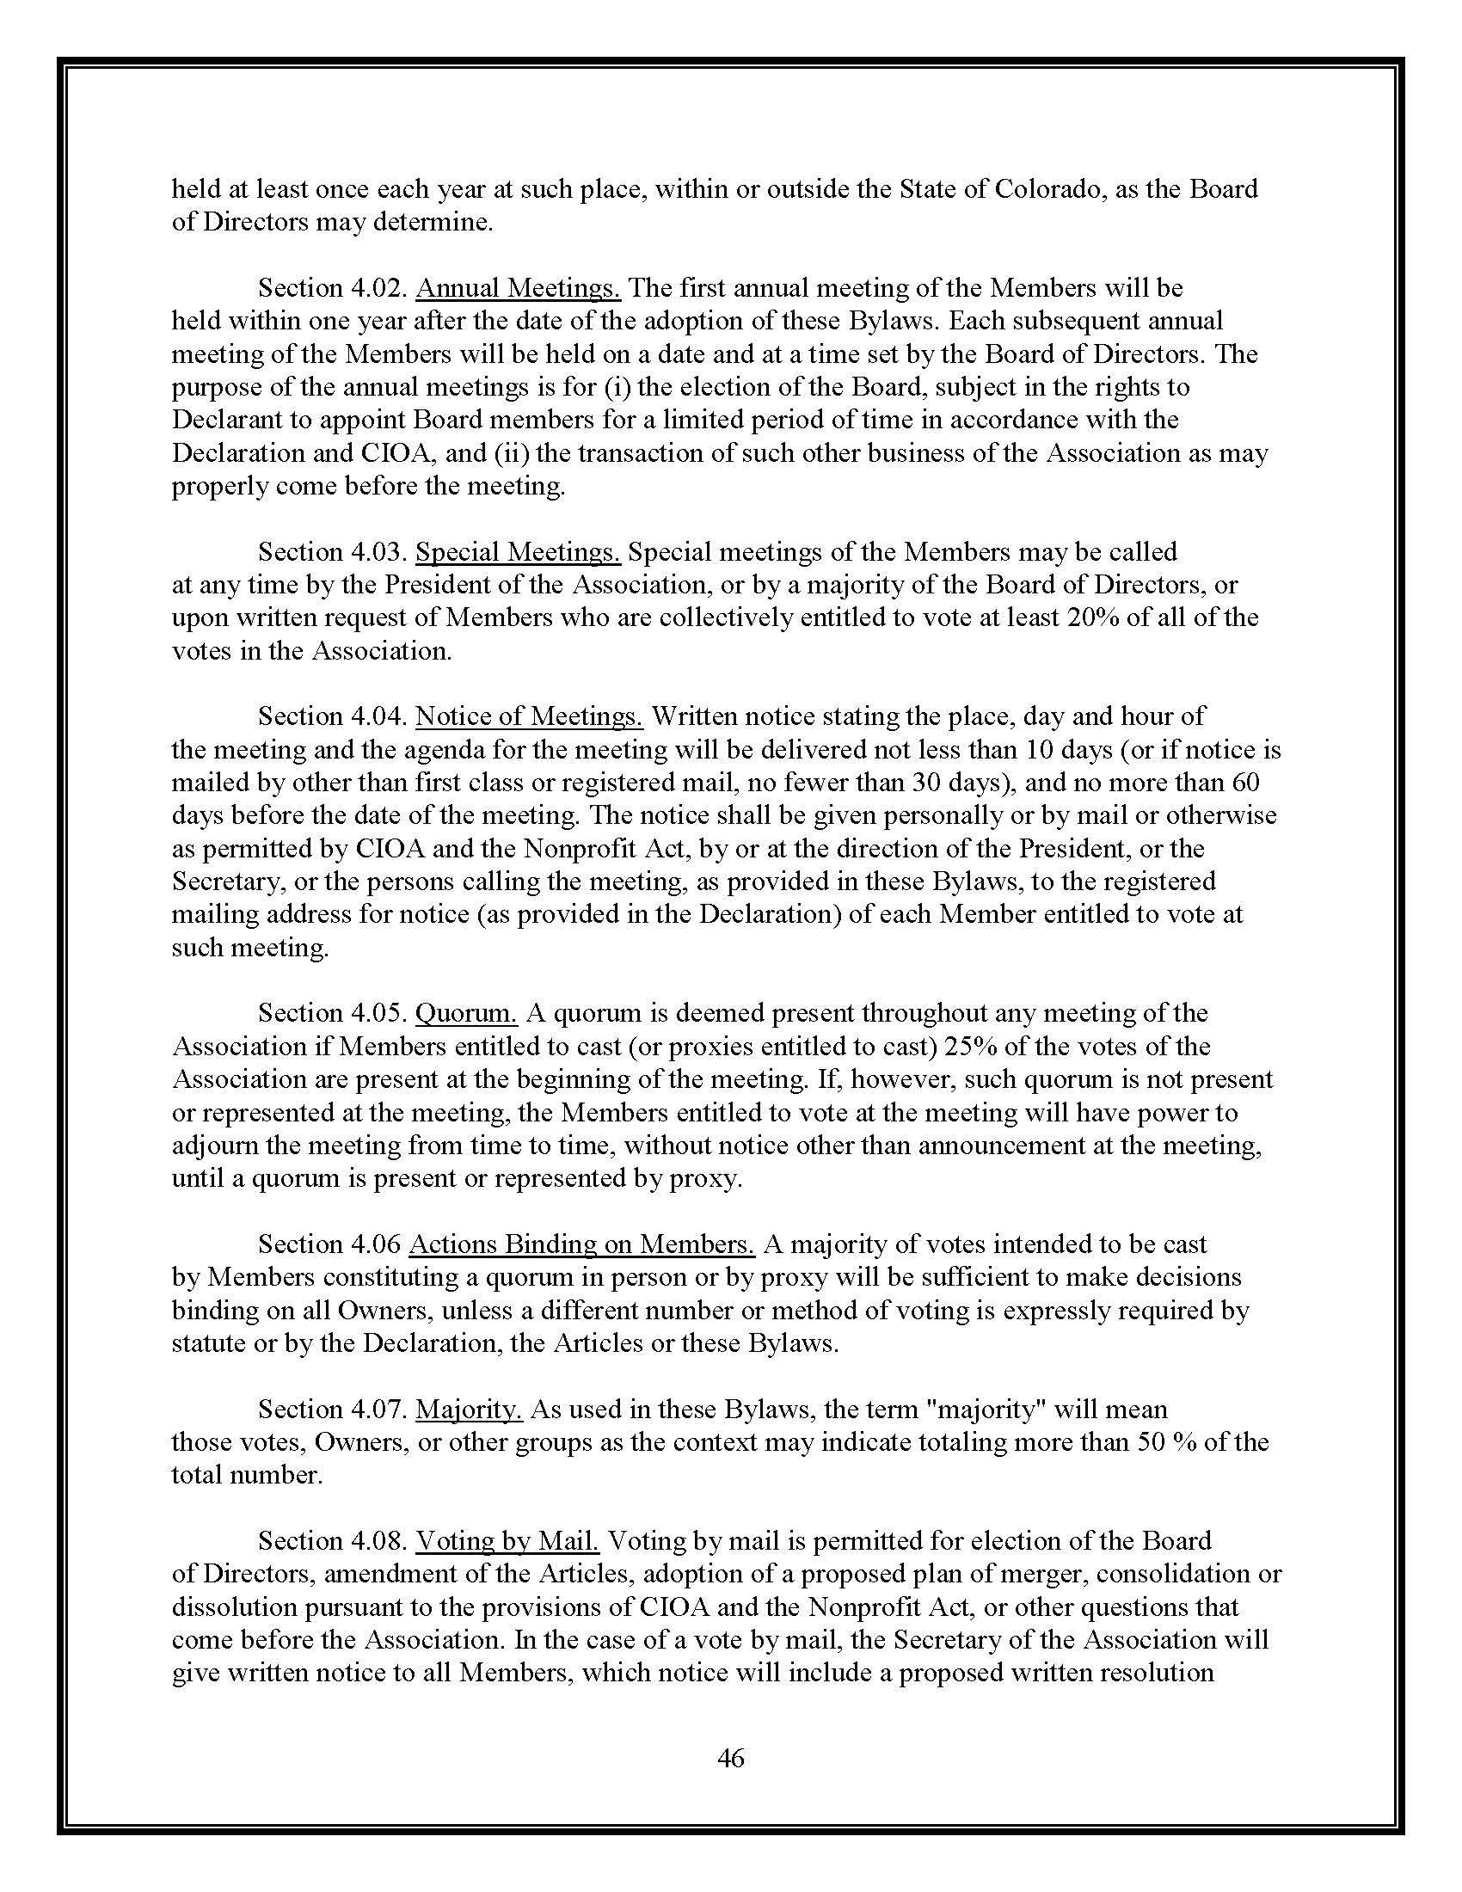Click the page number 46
point(731,1758)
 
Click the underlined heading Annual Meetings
point(518,287)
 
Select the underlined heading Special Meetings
point(518,552)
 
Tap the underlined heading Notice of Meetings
point(529,716)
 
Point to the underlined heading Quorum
point(466,1013)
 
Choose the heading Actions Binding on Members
point(581,1244)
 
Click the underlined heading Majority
point(469,1409)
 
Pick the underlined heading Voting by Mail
point(507,1540)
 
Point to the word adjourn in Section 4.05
point(212,1146)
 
